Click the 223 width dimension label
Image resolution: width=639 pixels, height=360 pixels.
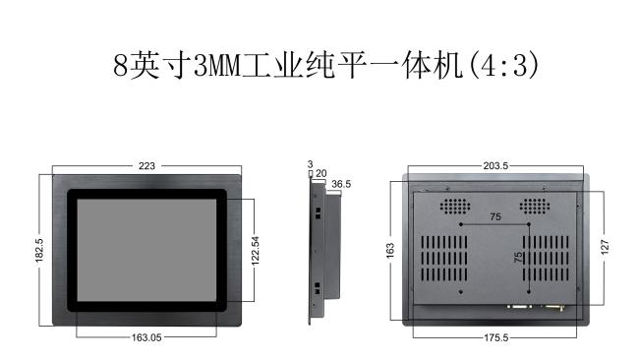pyautogui.click(x=146, y=166)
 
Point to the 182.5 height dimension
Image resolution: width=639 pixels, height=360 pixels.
pyautogui.click(x=38, y=250)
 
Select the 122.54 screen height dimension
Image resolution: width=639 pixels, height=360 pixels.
pyautogui.click(x=256, y=251)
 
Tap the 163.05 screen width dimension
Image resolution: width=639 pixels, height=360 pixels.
pyautogui.click(x=146, y=337)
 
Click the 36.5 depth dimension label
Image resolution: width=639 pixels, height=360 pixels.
pyautogui.click(x=341, y=184)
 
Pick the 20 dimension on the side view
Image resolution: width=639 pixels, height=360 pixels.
pyautogui.click(x=321, y=174)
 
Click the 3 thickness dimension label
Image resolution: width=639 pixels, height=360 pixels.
pyautogui.click(x=310, y=164)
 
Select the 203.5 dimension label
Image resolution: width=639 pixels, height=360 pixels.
pyautogui.click(x=495, y=166)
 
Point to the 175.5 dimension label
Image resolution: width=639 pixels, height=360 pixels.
pyautogui.click(x=495, y=337)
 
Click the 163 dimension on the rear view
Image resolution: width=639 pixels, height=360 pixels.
pyautogui.click(x=390, y=251)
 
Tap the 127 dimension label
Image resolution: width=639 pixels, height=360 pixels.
pyautogui.click(x=605, y=248)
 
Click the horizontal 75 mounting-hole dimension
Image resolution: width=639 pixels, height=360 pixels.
pyautogui.click(x=495, y=216)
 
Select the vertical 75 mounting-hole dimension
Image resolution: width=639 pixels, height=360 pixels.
pyautogui.click(x=518, y=258)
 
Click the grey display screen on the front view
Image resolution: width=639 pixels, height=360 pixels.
pyautogui.click(x=146, y=251)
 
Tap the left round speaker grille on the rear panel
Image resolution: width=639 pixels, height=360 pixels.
pyautogui.click(x=455, y=207)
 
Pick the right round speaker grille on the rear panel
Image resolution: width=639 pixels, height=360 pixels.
pyautogui.click(x=534, y=207)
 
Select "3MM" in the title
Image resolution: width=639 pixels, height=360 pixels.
pyautogui.click(x=217, y=66)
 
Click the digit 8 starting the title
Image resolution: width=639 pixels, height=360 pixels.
pyautogui.click(x=121, y=66)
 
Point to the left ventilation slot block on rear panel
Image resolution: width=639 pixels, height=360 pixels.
pyautogui.click(x=444, y=259)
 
